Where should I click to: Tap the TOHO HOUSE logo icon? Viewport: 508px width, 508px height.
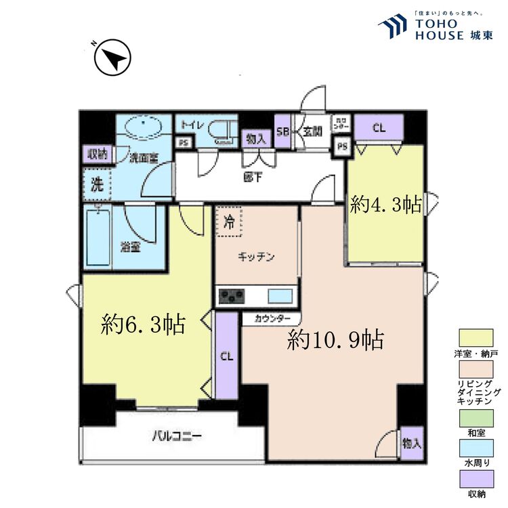393,26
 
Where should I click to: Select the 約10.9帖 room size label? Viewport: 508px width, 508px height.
335,339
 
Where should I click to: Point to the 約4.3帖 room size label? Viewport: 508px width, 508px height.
385,205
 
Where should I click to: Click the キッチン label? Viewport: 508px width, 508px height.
256,257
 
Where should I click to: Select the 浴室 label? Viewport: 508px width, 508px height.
131,247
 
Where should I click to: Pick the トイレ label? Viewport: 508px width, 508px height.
191,125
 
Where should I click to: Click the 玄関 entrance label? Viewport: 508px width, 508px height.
312,131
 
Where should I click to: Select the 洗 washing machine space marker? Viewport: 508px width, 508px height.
97,184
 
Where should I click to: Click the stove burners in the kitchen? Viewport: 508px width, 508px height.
232,296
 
